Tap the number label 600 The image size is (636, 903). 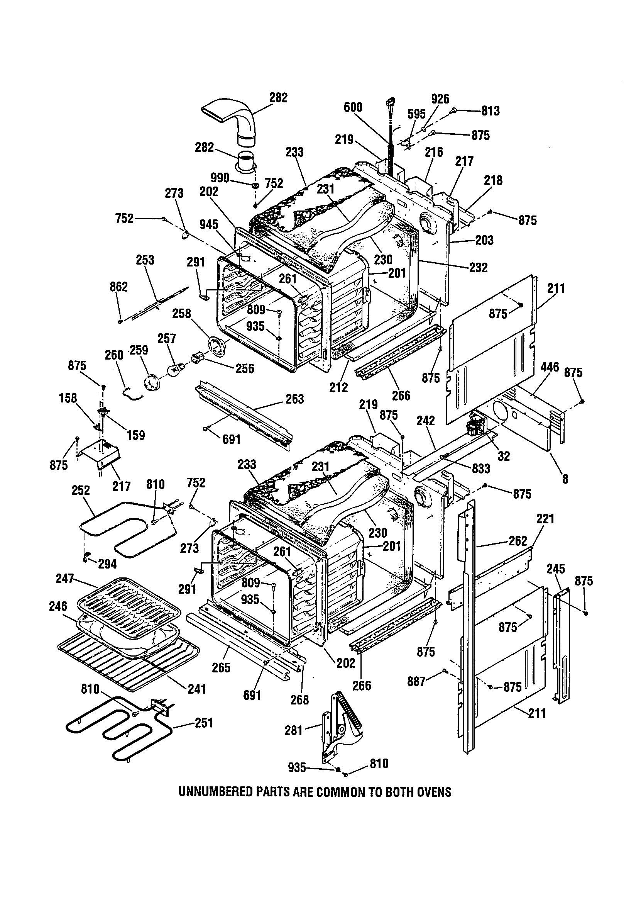[353, 107]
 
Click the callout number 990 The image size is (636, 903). [220, 178]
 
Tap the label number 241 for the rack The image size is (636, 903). [196, 689]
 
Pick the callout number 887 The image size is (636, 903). [417, 681]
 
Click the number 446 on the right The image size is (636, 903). [550, 367]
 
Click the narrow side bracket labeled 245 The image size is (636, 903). [561, 645]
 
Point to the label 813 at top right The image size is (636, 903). [491, 111]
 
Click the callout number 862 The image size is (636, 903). [119, 287]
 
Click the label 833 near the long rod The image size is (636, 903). [481, 468]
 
